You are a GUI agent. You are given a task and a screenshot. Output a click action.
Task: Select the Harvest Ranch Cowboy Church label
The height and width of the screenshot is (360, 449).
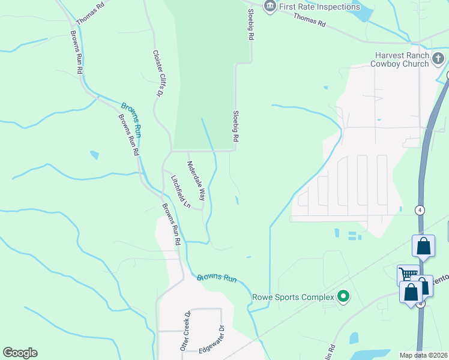399,59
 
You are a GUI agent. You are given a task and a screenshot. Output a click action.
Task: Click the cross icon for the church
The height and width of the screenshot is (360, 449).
439,59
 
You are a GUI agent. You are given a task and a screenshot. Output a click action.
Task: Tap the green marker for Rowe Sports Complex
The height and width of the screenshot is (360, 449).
343,296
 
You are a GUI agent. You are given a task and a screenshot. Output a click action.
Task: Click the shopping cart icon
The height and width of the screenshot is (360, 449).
408,275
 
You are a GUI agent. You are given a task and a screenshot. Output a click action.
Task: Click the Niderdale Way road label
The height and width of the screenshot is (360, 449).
196,181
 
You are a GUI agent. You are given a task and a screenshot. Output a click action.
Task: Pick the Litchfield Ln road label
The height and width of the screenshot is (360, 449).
181,191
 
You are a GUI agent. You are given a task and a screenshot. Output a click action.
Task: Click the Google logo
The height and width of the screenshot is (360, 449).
20,353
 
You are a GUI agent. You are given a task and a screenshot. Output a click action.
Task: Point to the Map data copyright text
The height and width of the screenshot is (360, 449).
423,355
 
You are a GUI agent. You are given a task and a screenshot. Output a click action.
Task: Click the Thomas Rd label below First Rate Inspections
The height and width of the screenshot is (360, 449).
309,20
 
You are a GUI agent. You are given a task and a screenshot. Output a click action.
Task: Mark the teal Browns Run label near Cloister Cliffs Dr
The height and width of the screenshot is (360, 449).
131,111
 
